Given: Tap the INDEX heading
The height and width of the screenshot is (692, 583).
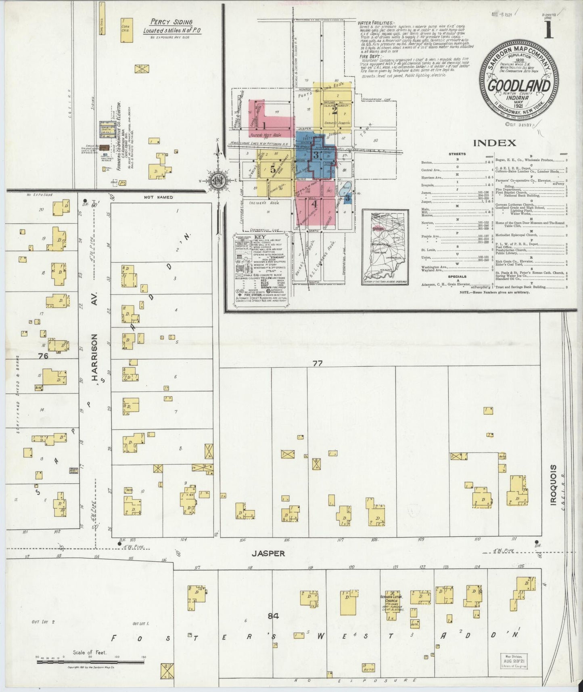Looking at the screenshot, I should [x=494, y=143].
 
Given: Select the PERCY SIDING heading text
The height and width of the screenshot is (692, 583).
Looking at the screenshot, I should [x=171, y=23].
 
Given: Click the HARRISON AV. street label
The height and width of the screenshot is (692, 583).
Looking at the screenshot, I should [x=96, y=357].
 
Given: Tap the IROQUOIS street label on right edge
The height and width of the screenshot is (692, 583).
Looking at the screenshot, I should [x=553, y=484].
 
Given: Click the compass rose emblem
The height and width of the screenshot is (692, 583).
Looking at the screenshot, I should [x=218, y=180].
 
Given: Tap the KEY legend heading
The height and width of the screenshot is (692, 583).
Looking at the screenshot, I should [x=260, y=237].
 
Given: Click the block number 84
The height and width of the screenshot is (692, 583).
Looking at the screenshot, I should [x=274, y=616].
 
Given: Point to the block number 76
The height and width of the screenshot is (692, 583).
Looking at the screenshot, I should [x=43, y=356].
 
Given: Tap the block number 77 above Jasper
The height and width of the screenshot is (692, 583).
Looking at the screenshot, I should [x=318, y=363].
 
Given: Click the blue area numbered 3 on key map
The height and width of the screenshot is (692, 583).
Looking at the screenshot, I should [x=317, y=155].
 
